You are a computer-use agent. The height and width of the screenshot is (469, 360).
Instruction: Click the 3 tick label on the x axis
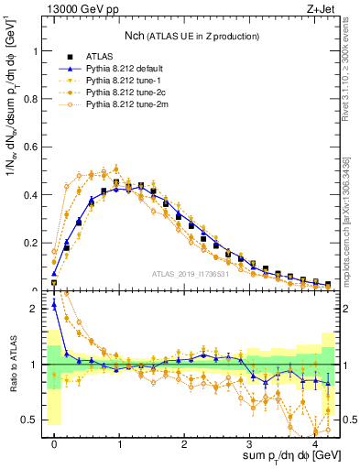click(x=249, y=444)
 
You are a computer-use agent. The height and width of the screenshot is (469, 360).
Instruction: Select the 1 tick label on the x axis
click(x=119, y=444)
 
